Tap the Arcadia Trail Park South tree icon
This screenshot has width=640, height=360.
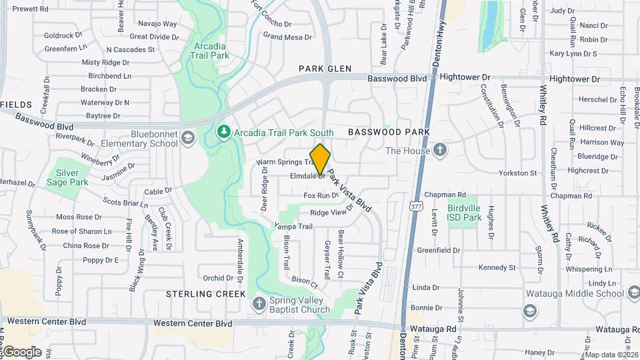224,133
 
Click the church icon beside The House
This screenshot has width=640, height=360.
440,150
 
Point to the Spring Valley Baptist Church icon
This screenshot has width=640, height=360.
259,304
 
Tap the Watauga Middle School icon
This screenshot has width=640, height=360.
529,311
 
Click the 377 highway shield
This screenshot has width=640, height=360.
417,207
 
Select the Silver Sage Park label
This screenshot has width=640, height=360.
72,177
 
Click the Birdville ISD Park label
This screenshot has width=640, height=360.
464,213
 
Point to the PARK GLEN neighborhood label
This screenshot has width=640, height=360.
325,68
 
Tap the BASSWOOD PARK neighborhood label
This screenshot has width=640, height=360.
389,133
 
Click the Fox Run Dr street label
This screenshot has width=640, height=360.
321,195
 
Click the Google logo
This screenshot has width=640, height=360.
22,351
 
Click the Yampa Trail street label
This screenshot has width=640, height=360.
293,227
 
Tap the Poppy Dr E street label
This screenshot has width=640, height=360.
101,260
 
